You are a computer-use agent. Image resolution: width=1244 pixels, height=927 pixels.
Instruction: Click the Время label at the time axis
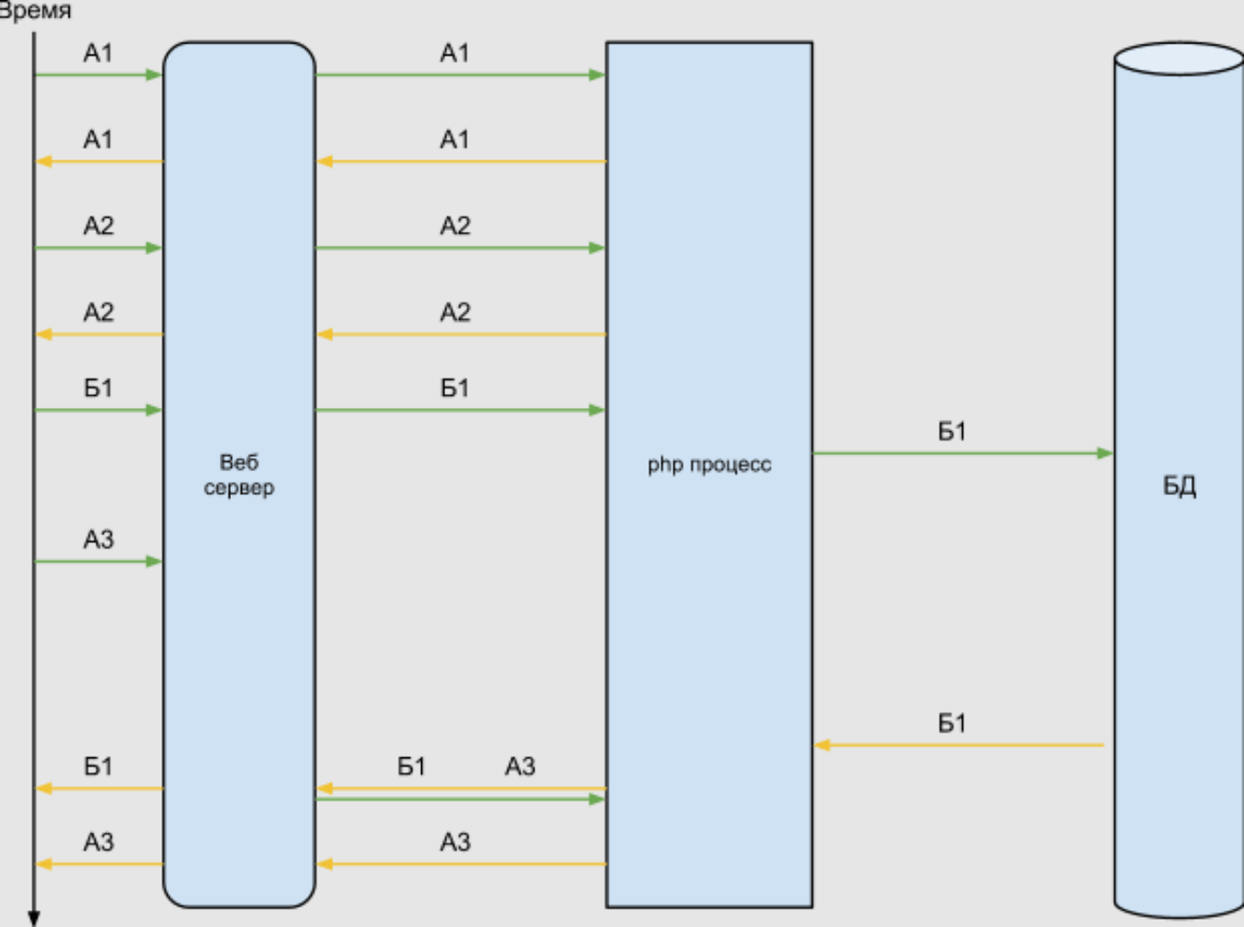(x=35, y=12)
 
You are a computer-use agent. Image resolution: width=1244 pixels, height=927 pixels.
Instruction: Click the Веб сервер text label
(x=239, y=475)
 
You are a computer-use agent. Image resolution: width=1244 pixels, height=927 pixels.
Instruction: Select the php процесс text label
(x=710, y=464)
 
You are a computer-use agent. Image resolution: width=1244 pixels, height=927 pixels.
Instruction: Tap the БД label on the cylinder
(x=1179, y=486)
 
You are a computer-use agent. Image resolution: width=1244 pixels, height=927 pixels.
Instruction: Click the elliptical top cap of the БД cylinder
(x=1179, y=58)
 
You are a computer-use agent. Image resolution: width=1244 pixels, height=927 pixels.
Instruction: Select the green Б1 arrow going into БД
(x=962, y=453)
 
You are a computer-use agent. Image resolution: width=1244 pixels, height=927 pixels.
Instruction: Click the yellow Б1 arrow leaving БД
(x=960, y=744)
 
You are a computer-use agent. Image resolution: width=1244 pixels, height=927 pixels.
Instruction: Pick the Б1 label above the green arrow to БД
(x=952, y=431)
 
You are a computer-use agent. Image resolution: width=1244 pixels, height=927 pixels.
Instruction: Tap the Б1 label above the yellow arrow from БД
(x=952, y=723)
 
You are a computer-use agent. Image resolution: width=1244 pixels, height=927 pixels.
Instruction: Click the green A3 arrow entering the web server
(x=98, y=561)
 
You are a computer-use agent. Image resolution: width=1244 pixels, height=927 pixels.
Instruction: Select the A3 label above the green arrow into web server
(x=98, y=539)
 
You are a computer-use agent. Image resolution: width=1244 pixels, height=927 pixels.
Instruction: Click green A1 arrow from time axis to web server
(x=98, y=75)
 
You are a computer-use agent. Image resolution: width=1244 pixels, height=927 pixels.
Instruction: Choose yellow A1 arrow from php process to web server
(x=461, y=161)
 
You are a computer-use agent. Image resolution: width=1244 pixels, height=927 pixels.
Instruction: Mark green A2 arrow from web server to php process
(x=460, y=248)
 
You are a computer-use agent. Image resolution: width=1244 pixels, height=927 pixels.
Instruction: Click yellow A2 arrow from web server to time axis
(x=98, y=334)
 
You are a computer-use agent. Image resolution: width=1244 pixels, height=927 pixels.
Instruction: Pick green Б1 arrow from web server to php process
(x=460, y=410)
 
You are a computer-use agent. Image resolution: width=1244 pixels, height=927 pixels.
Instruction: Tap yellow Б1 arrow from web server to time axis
(x=98, y=789)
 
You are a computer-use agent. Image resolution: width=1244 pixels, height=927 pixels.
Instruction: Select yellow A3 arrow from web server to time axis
(x=98, y=864)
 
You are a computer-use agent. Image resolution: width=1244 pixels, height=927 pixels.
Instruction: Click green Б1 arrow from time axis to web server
(x=98, y=410)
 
